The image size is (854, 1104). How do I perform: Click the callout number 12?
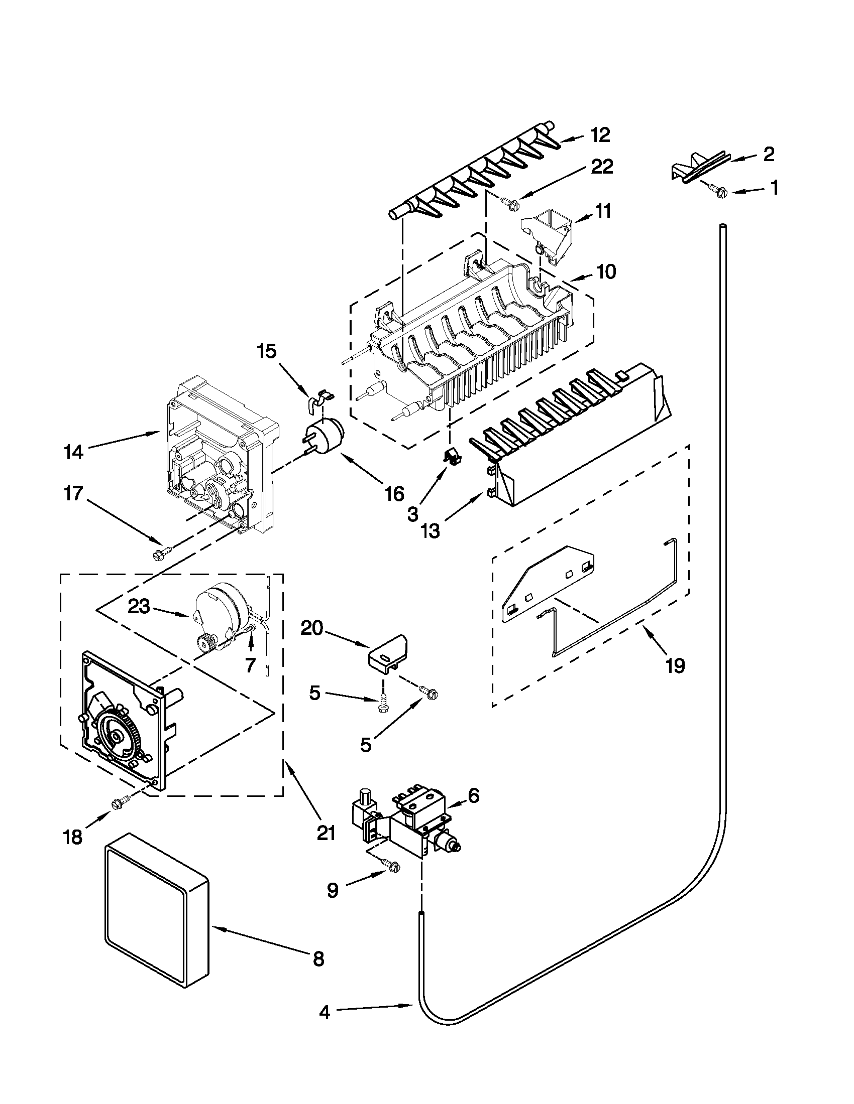coord(599,135)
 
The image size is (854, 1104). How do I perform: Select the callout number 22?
coord(601,166)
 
